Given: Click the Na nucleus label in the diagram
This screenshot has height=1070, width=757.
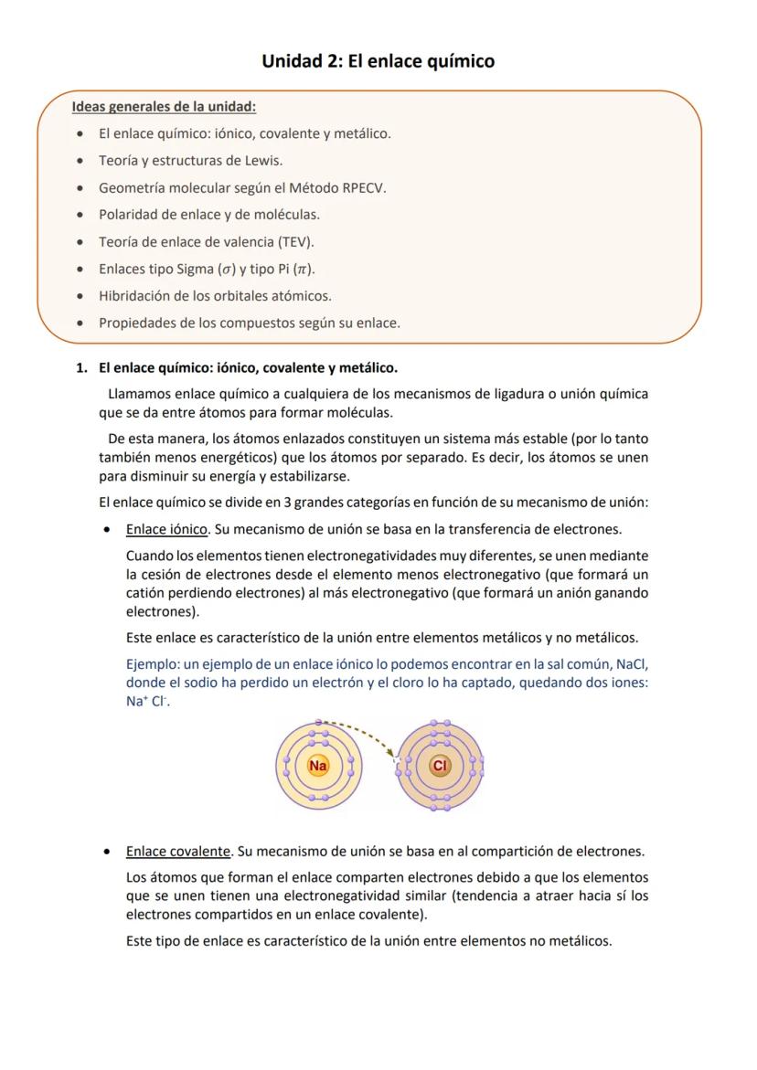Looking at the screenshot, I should coord(318,766).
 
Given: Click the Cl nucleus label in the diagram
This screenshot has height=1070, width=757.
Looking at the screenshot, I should coord(440,766).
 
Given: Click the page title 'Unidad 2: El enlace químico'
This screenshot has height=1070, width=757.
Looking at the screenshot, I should coord(378,61).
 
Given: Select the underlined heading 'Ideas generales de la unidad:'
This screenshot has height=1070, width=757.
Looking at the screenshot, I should coord(164,106).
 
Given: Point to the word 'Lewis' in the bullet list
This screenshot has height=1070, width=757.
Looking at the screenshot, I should coord(262,161).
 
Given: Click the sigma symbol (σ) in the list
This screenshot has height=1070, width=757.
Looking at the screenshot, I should coord(223,270).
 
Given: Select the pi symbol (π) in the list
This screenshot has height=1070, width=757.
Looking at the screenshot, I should coord(305,270).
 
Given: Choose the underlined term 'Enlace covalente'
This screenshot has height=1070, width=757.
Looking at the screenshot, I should coord(178,852).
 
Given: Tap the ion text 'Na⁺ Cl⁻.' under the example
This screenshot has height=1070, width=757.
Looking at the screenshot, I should coord(148,702).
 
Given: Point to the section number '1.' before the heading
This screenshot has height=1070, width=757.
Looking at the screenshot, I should coord(81,368).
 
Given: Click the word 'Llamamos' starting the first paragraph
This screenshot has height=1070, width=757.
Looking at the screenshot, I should coord(139,395).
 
